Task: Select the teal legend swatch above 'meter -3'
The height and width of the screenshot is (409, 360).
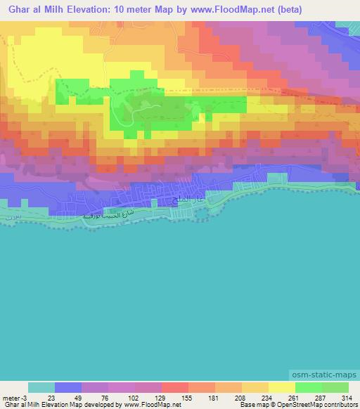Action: [x=41, y=387]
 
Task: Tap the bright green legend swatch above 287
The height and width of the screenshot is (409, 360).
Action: [x=308, y=387]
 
